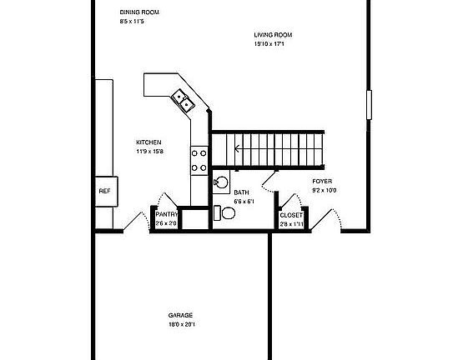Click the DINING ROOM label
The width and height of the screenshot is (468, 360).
click(x=138, y=12)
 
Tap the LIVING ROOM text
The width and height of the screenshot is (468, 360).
click(x=273, y=35)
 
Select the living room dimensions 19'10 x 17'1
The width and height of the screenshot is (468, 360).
click(x=273, y=43)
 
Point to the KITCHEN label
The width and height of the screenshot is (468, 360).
click(x=148, y=142)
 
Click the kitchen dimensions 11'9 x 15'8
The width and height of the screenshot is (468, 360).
click(x=148, y=151)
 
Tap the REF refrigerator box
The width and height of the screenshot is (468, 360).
click(x=104, y=191)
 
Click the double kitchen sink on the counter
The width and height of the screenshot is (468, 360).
click(x=183, y=101)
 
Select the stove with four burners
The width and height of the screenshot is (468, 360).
click(x=199, y=159)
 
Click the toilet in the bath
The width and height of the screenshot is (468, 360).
click(x=226, y=213)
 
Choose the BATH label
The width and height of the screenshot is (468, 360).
click(x=241, y=192)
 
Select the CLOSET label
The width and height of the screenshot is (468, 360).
click(x=291, y=215)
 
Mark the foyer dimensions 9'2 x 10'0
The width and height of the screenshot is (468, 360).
click(x=324, y=190)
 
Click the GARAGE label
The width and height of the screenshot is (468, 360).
click(x=181, y=316)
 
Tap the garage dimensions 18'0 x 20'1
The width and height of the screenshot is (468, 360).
click(x=181, y=324)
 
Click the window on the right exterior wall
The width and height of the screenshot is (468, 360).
click(x=368, y=107)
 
